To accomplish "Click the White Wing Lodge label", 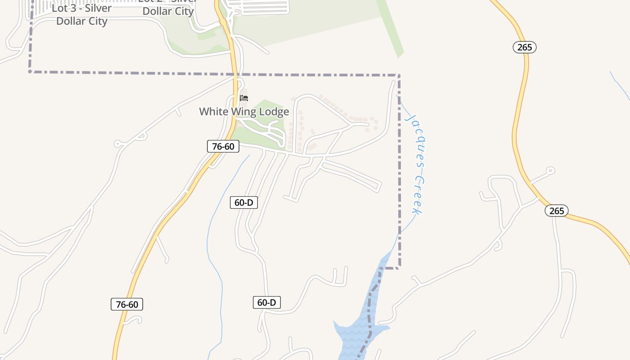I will (x=244, y=112).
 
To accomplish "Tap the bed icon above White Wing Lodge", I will (x=244, y=98).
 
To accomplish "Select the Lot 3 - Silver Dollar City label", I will (x=82, y=15).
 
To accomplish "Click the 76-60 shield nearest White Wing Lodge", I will (x=223, y=146).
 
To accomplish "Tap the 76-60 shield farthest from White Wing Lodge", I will (x=127, y=305).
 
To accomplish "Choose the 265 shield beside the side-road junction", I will (x=557, y=211).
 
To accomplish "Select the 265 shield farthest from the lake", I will (x=525, y=47).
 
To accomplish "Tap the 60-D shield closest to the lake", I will (x=266, y=302).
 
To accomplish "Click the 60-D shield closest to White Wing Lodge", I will (x=244, y=202).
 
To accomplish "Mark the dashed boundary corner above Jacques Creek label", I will (x=399, y=75).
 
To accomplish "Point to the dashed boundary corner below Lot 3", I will (x=30, y=71).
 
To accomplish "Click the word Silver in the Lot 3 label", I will (x=95, y=9).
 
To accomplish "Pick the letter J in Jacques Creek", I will (x=410, y=118).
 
